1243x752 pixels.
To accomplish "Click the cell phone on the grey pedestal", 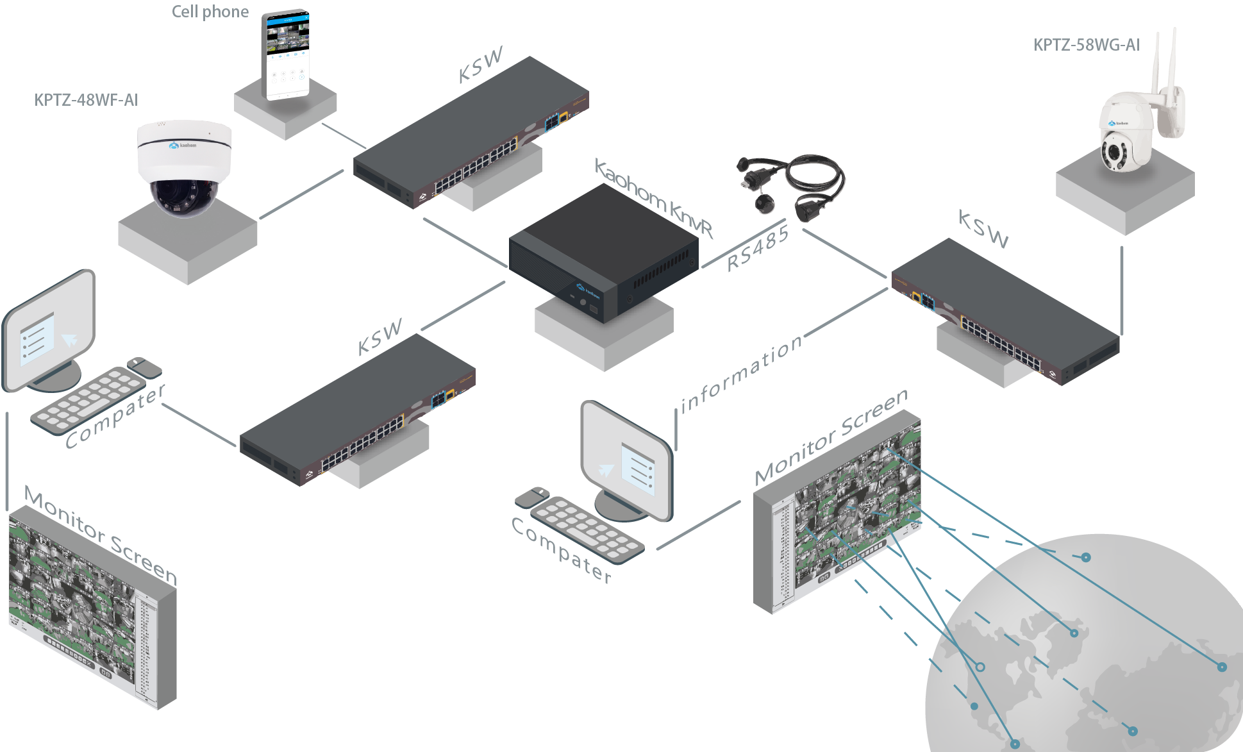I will [286, 55].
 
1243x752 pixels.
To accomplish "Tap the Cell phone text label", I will [210, 12].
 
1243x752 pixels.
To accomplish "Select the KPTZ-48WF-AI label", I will [86, 100].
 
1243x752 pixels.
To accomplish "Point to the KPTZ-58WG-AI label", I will [1086, 45].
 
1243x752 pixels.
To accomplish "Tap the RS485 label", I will [757, 250].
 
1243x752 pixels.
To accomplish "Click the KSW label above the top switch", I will [480, 65].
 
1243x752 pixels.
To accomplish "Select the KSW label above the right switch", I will [983, 229].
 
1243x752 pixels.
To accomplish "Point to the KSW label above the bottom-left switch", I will [380, 336].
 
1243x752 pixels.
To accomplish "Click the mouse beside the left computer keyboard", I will [145, 367].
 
